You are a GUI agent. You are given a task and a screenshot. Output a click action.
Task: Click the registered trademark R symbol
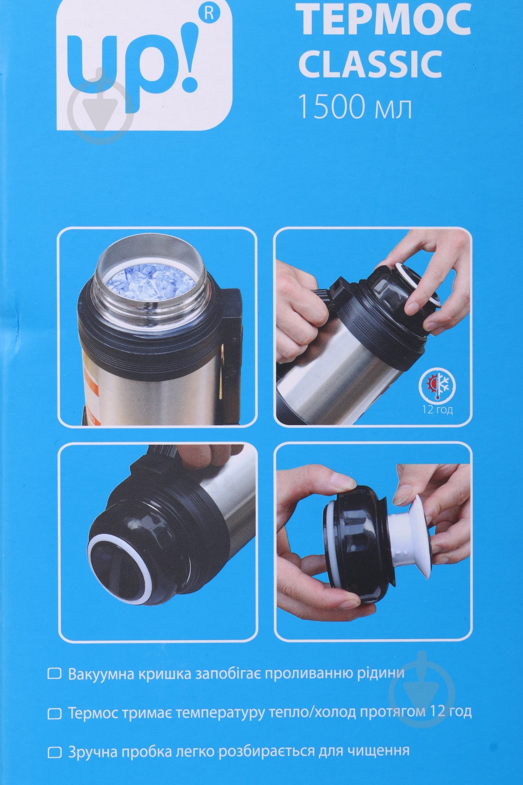(210, 14)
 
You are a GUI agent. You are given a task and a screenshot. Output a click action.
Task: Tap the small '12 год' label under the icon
(437, 410)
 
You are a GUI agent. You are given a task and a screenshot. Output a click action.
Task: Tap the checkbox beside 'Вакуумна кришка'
(54, 673)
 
